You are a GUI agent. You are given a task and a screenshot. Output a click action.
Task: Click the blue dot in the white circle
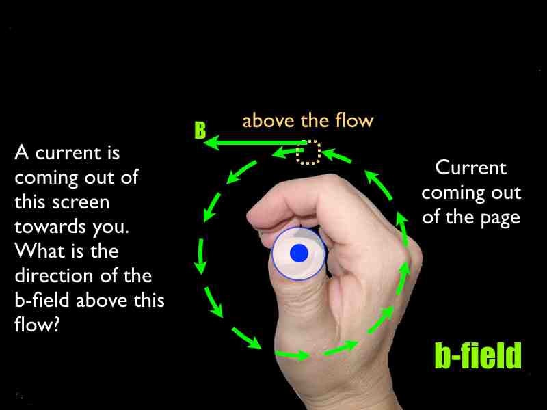299,253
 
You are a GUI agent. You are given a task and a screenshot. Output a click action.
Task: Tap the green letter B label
200,131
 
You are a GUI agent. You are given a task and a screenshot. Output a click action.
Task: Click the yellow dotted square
308,152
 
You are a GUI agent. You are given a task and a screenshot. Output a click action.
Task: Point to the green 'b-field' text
478,355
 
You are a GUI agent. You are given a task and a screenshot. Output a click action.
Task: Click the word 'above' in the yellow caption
268,121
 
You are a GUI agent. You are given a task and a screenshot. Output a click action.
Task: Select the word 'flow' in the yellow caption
354,120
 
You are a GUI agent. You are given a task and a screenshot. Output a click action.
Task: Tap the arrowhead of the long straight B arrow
211,143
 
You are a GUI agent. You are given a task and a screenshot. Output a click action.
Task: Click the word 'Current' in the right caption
471,167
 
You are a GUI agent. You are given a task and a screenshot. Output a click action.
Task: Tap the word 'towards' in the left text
50,227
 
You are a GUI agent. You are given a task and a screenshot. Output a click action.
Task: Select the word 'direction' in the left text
55,276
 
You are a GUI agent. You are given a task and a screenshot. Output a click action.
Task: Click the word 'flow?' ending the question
38,325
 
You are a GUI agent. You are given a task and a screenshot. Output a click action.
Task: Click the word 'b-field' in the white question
42,300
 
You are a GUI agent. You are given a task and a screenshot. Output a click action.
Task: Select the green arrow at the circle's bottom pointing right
293,355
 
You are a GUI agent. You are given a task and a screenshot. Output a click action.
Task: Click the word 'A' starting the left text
22,152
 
